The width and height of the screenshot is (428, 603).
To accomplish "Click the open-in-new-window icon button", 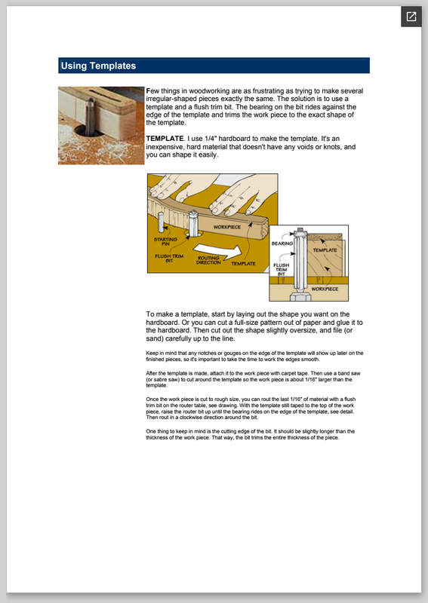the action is coord(411,17).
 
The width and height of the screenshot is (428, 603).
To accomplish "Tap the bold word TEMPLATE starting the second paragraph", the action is coord(165,139).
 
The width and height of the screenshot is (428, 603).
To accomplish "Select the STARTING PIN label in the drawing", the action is coord(165,241).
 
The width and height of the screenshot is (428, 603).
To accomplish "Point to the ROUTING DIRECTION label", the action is coord(208,260).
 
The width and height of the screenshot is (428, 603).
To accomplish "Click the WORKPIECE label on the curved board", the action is coord(227,227).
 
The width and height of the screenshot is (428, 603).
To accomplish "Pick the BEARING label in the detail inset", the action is coord(282,243).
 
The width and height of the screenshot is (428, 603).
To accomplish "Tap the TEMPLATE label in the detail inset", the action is coord(325,250).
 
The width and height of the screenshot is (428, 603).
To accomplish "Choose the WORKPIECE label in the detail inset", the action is coord(325,289).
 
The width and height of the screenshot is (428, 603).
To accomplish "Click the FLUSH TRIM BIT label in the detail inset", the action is coord(282,269).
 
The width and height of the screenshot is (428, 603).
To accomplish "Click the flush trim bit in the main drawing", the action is coord(193,223).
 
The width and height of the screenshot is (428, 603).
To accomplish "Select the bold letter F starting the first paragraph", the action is coord(148,90).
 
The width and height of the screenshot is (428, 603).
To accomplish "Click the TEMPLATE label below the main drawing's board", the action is coord(244,263).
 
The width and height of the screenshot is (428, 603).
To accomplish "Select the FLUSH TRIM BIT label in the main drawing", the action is coord(169,258).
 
